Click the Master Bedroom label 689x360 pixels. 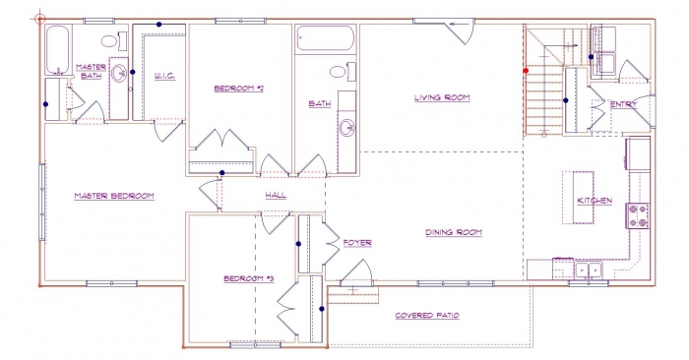tap(114, 196)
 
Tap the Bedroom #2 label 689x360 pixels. tap(238, 89)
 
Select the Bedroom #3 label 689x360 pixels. tap(249, 278)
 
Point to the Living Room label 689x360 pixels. tap(442, 97)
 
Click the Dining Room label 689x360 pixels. tap(454, 232)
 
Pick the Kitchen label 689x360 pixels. tap(595, 201)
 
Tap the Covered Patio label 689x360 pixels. tap(427, 315)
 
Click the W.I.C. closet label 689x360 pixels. tap(164, 76)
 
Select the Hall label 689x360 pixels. tap(276, 195)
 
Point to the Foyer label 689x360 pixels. tap(357, 242)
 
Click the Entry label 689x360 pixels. tap(623, 104)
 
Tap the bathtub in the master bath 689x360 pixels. tap(58, 49)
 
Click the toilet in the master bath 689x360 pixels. tap(114, 41)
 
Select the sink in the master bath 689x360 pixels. tap(119, 74)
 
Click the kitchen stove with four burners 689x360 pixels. tap(638, 215)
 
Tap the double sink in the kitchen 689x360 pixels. tap(589, 270)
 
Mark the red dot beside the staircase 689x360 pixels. tap(526, 70)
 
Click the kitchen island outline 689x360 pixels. tap(579, 198)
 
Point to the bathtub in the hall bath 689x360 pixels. tap(326, 38)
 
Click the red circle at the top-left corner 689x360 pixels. tap(40, 19)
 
